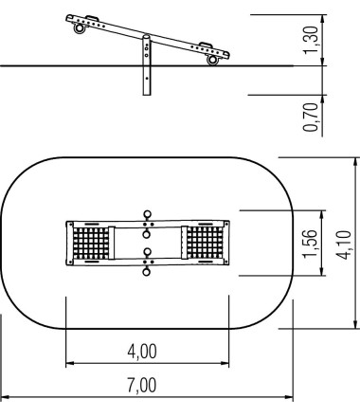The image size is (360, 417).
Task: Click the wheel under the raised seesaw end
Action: click(x=79, y=28)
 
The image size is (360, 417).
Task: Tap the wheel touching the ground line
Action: click(x=212, y=60)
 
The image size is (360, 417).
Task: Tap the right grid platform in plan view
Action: click(x=203, y=245)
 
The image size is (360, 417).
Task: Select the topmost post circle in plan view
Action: click(x=146, y=213)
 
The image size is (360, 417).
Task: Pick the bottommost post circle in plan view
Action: click(x=146, y=276)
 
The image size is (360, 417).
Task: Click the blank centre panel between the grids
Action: click(x=146, y=245)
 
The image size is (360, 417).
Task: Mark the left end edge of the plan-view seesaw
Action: click(x=66, y=245)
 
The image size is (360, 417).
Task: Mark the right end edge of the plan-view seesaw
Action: click(x=227, y=245)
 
